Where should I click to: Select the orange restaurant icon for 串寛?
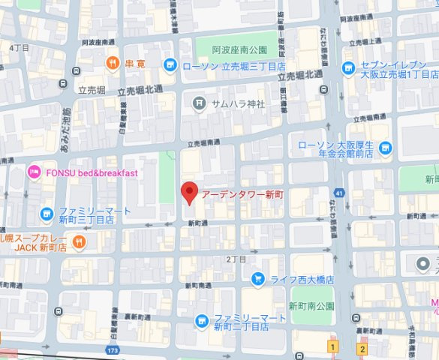click(x=113, y=62)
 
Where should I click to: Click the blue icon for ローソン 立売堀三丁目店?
click(x=170, y=66)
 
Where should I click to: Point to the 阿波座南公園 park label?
click(x=239, y=50)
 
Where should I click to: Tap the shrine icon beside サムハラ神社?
click(x=200, y=103)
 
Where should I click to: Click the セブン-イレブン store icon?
click(x=347, y=69)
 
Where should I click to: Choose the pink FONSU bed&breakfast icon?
click(x=34, y=174)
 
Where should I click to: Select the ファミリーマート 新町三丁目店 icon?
click(x=47, y=214)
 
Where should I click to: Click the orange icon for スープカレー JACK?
click(x=80, y=241)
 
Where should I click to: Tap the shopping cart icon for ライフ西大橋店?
click(x=257, y=280)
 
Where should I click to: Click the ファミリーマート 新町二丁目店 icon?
click(x=201, y=322)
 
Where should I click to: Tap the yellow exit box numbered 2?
click(x=362, y=349)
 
